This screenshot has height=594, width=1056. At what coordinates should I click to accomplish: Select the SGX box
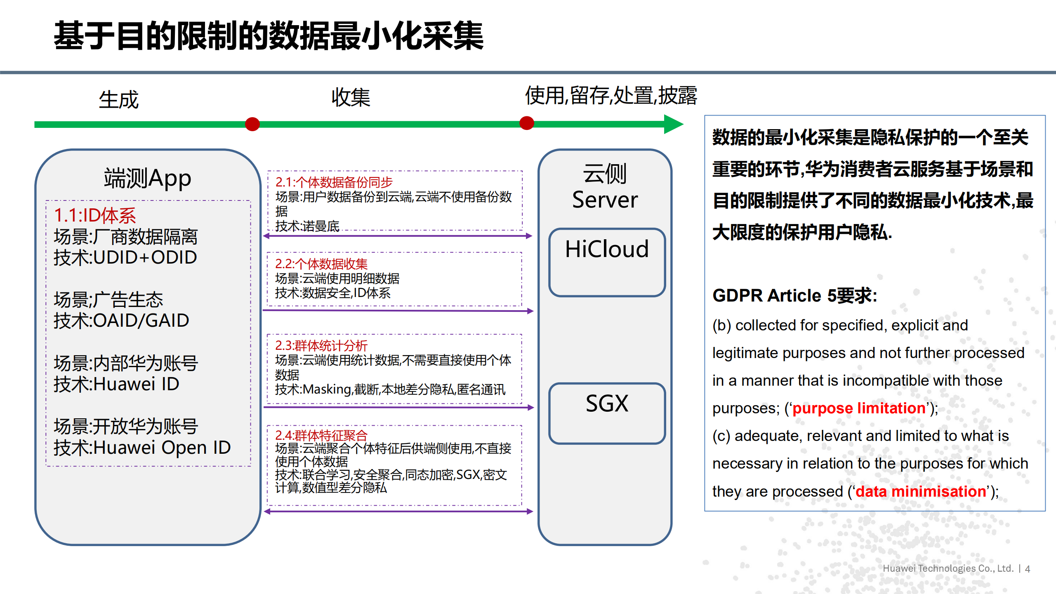click(607, 413)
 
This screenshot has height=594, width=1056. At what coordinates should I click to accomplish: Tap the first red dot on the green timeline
click(252, 124)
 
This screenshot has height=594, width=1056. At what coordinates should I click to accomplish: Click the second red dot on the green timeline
click(526, 123)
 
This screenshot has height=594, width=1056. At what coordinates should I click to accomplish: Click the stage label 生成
click(118, 100)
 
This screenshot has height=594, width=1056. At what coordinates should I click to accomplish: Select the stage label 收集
click(351, 98)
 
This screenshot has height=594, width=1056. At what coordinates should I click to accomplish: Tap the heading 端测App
click(147, 178)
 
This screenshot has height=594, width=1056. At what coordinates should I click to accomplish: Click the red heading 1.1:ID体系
click(95, 215)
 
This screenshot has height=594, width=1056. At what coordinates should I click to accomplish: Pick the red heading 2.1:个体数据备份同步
click(334, 182)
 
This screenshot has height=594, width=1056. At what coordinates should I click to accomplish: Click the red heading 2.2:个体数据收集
click(321, 264)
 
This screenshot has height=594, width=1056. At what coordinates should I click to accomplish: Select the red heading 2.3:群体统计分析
click(321, 345)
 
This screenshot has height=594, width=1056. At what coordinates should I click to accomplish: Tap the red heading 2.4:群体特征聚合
click(321, 435)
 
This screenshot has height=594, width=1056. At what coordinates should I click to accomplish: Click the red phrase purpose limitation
click(858, 408)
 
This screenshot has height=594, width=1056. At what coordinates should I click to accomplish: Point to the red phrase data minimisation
click(920, 491)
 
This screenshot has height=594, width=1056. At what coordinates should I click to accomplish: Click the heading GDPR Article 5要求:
click(794, 295)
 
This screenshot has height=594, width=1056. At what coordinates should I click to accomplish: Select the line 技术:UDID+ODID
click(125, 257)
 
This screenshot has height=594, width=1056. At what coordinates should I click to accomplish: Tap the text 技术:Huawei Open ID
click(142, 448)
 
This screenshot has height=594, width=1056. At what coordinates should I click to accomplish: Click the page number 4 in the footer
click(1028, 569)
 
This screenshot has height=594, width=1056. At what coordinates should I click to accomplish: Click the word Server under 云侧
click(605, 200)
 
